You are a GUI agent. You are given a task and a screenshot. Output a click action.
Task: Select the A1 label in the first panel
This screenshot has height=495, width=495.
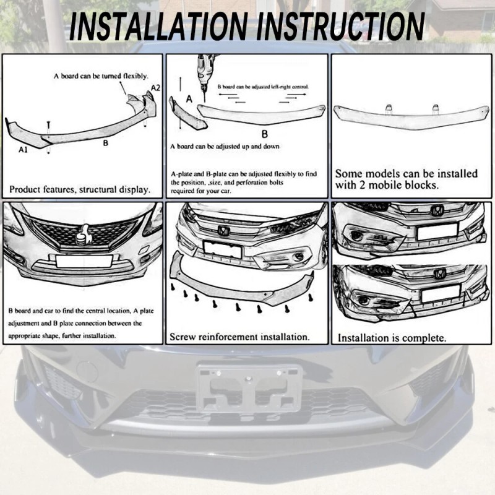23,150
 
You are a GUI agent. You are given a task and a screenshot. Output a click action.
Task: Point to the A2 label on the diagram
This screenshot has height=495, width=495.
155,87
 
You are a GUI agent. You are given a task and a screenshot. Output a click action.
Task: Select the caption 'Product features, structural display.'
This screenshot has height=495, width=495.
80,189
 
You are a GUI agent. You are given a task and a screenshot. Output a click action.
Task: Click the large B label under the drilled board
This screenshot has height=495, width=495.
264,133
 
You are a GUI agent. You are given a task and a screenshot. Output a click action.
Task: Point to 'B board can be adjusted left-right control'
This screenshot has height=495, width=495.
263,88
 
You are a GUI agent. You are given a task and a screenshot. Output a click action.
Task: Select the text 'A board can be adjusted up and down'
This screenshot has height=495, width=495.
224,147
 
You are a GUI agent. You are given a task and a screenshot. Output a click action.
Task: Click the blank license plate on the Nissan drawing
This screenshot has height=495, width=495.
84,260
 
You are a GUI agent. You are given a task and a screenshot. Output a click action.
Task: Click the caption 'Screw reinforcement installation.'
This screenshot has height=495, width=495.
239,337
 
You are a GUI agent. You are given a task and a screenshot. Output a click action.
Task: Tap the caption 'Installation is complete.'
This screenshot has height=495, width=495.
391,338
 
